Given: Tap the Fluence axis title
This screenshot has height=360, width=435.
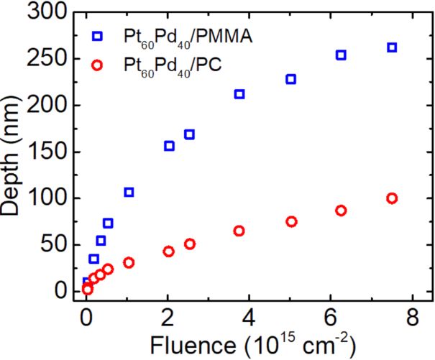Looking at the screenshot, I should coord(249,344).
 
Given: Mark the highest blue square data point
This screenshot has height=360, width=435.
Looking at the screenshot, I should coord(392,47).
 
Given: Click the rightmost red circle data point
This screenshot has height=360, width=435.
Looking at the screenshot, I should coord(392,198).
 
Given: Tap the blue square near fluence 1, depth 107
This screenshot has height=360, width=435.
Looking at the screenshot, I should coord(129,192).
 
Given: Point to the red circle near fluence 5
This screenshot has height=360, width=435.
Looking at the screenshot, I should coord(291,221).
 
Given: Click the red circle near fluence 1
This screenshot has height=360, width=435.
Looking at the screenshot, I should coord(129,262).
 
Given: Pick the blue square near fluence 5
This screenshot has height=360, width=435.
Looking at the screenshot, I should coord(291,79).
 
